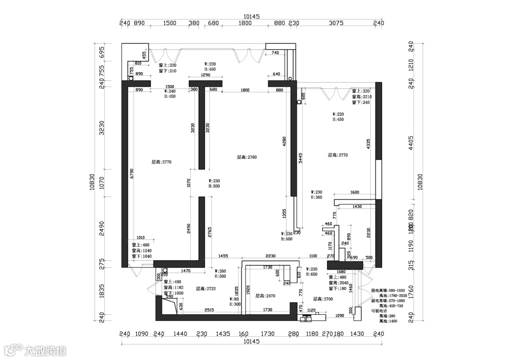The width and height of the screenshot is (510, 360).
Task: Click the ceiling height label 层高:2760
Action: (x=246, y=158)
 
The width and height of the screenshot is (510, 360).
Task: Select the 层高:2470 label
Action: (x=265, y=296)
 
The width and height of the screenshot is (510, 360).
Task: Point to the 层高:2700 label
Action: (x=323, y=299)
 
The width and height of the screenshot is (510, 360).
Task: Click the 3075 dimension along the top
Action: (x=336, y=23)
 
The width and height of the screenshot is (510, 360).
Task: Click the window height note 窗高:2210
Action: (x=362, y=97)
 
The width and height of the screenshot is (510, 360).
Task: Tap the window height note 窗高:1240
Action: (x=141, y=251)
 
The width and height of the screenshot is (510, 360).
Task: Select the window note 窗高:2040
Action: (x=338, y=283)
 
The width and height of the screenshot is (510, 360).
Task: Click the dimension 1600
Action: (x=355, y=193)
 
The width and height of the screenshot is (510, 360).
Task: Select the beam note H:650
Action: (x=312, y=274)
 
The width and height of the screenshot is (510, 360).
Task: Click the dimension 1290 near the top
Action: (x=206, y=75)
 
